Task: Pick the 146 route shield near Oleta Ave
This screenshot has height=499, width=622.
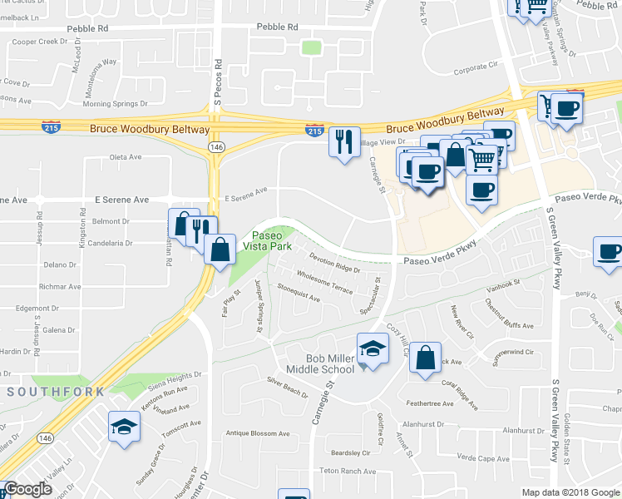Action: coord(215,146)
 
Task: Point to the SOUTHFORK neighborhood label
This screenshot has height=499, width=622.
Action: coord(56,391)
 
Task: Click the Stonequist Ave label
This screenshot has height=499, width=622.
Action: coord(299,295)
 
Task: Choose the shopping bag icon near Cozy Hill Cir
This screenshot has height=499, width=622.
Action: coord(424,358)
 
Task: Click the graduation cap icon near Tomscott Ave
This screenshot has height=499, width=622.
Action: coord(125,427)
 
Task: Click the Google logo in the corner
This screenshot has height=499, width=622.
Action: coord(28,490)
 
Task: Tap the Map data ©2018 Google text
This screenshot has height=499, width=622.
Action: coord(570,492)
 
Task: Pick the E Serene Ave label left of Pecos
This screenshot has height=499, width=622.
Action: coord(121,200)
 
